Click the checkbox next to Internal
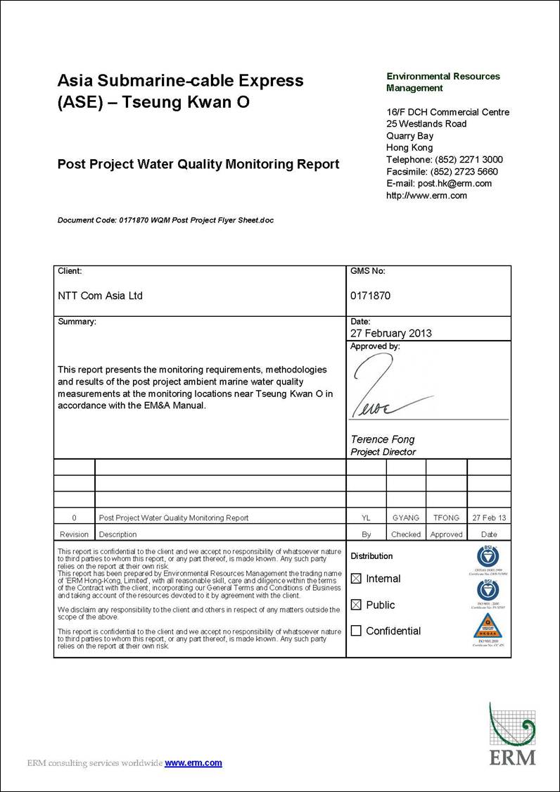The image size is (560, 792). point(356,579)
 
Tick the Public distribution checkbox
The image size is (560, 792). point(356,605)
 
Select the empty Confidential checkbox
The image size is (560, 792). point(356,631)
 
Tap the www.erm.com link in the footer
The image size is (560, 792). point(193,762)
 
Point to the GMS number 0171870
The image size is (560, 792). point(370,296)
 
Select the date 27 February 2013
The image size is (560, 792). point(391,334)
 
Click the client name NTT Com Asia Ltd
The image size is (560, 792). point(100,296)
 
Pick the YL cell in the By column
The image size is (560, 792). point(366,517)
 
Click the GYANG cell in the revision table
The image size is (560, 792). point(406,517)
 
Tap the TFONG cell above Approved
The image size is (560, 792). point(447,517)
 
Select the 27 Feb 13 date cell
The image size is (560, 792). point(489,517)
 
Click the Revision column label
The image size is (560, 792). point(75,534)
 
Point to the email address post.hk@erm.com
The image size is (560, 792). point(455,184)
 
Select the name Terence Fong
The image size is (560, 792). point(383,439)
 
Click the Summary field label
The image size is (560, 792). point(77,322)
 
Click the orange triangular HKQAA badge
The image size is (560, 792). point(488,623)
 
